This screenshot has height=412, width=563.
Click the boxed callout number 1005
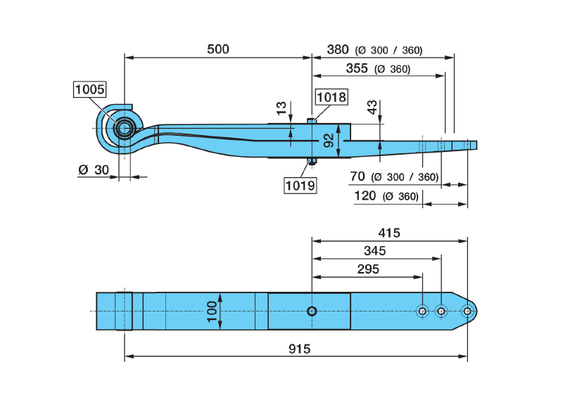tap(89, 89)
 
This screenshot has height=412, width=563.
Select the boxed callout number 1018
tap(331, 97)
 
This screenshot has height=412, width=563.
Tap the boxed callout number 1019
tap(300, 186)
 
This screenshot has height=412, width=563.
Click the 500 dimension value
tap(218, 49)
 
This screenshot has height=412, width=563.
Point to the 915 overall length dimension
tap(299, 349)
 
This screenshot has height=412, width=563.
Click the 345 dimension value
tap(374, 250)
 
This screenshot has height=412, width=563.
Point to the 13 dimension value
tap(281, 108)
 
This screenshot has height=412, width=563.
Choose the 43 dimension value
tap(371, 108)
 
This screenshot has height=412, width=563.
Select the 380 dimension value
tap(338, 49)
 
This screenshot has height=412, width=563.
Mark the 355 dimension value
tap(357, 68)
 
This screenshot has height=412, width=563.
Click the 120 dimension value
tap(365, 195)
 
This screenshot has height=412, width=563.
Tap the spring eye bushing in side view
tap(125, 129)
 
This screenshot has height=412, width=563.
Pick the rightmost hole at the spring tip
tap(467, 311)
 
